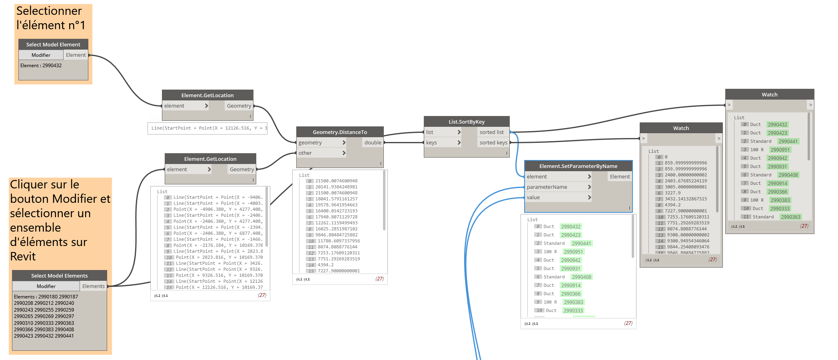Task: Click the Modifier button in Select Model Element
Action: [x=41, y=55]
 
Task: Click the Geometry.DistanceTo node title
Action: [x=339, y=132]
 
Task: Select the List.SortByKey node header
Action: [x=466, y=122]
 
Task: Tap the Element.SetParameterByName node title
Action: [x=578, y=166]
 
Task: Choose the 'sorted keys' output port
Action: [x=493, y=142]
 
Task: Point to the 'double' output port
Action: [x=373, y=142]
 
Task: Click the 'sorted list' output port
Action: [x=492, y=132]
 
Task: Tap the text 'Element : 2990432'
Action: [x=41, y=66]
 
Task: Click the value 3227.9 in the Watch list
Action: [x=672, y=193]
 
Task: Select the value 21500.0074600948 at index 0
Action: [x=336, y=181]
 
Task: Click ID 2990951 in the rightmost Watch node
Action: [x=780, y=150]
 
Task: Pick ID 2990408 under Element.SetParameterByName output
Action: [x=581, y=277]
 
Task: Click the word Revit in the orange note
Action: [x=23, y=256]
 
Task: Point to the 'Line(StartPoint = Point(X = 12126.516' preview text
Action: [x=207, y=128]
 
